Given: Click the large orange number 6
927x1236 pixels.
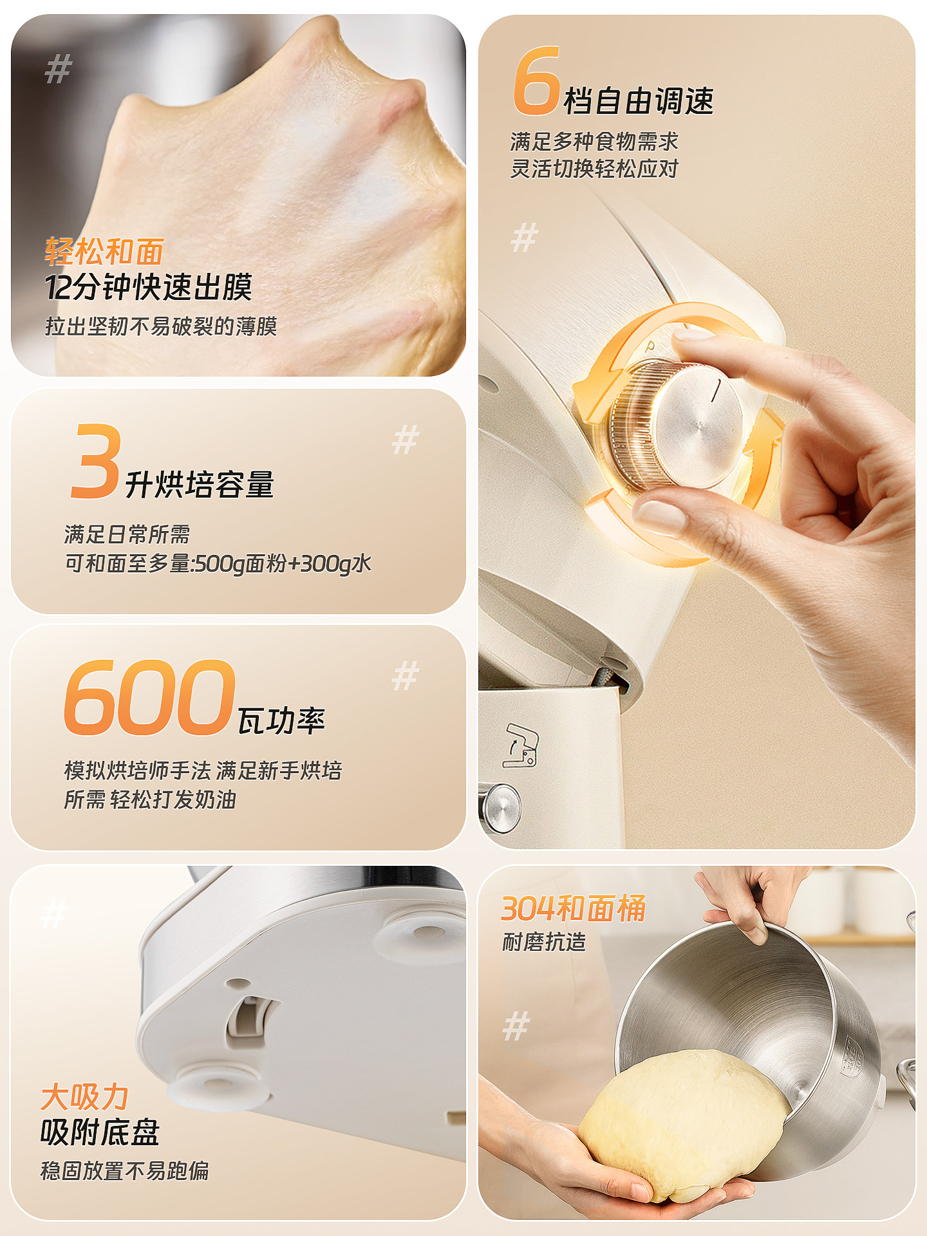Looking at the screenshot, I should (536, 82).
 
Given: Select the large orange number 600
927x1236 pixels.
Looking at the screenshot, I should (149, 698).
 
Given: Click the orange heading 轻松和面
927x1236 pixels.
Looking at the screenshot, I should (104, 252).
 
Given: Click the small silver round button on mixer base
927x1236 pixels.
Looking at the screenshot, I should (502, 806).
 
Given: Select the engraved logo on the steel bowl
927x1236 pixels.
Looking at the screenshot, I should (851, 1056).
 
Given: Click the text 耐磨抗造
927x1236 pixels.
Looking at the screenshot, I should (544, 942).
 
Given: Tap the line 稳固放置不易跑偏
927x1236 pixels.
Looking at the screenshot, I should (125, 1170).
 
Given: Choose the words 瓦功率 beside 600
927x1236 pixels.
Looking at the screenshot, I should (281, 721).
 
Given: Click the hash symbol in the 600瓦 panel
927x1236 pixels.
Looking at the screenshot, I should (406, 676).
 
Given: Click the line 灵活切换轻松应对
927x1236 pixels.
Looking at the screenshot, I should (594, 169).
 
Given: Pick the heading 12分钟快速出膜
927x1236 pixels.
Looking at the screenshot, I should (148, 287).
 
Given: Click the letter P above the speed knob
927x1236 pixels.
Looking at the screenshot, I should (651, 347).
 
